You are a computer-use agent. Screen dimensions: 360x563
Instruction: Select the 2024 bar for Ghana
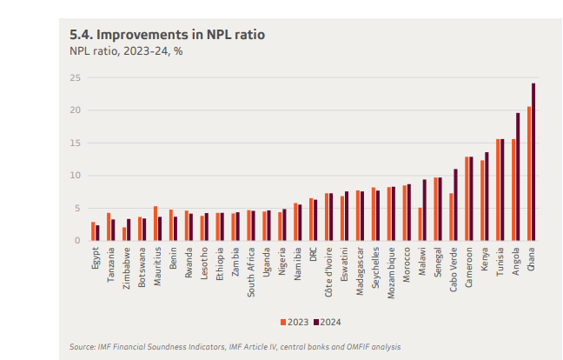pyautogui.click(x=533, y=163)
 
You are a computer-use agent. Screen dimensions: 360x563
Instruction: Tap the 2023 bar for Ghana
pyautogui.click(x=529, y=174)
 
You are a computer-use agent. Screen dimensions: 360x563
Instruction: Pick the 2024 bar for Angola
pyautogui.click(x=518, y=177)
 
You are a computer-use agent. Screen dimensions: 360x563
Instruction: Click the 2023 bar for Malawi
pyautogui.click(x=420, y=224)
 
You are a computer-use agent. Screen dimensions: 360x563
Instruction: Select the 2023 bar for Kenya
pyautogui.click(x=482, y=201)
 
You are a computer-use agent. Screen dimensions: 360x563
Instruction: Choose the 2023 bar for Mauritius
pyautogui.click(x=155, y=223)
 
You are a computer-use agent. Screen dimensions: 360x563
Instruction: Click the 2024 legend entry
pyautogui.click(x=326, y=322)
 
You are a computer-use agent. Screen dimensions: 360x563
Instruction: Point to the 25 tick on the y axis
pyautogui.click(x=76, y=77)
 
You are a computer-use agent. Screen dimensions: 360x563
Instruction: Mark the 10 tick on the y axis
pyautogui.click(x=76, y=176)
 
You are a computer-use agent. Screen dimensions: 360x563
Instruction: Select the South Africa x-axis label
pyautogui.click(x=251, y=271)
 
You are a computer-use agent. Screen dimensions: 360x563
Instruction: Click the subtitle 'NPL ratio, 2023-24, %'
pyautogui.click(x=126, y=50)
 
